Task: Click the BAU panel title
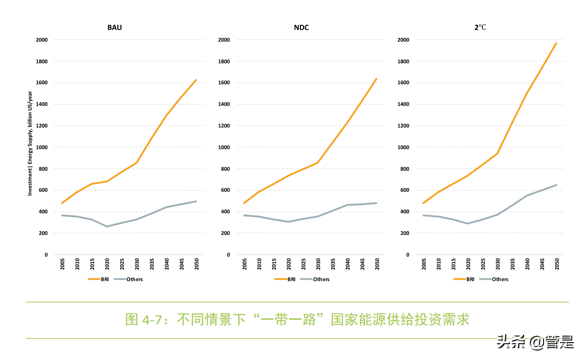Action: (114, 27)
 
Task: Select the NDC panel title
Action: (301, 27)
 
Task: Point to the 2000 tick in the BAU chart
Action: (42, 40)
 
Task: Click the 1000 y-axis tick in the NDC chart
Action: (224, 147)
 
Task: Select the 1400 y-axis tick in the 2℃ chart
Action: (404, 105)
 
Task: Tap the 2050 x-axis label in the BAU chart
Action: (196, 264)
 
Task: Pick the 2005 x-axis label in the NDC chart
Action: (244, 264)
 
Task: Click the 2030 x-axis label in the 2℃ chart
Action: (498, 264)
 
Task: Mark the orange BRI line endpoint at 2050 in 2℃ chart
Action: (556, 43)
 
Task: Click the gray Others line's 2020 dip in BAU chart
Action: (107, 227)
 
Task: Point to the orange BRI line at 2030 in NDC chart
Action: (317, 163)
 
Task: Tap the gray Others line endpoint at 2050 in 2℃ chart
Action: (556, 185)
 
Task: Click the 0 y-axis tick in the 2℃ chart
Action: (408, 255)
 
